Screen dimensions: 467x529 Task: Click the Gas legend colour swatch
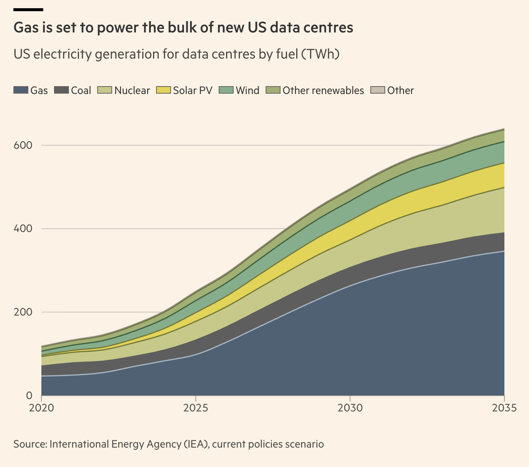point(21,90)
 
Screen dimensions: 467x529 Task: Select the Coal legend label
point(81,91)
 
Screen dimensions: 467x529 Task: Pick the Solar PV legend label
point(193,91)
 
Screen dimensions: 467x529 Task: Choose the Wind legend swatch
point(226,90)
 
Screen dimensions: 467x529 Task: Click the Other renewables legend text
point(323,91)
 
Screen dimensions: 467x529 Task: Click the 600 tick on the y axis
point(23,145)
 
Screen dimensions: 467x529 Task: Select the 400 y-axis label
point(23,229)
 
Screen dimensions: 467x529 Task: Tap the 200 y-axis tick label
point(23,312)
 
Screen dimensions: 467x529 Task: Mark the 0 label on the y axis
point(29,395)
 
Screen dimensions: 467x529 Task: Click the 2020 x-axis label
point(41,408)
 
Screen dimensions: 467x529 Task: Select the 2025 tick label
point(195,408)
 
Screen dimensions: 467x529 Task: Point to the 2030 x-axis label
point(350,408)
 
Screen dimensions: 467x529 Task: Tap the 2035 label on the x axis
point(504,408)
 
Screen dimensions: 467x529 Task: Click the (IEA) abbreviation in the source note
point(196,444)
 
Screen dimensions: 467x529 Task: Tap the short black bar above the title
point(28,10)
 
